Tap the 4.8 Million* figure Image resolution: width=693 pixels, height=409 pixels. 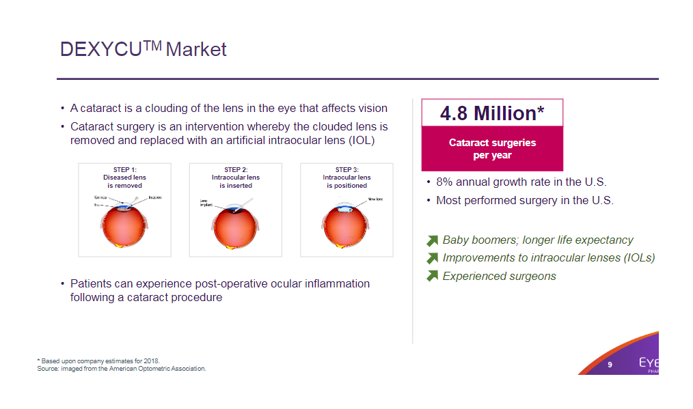[491, 113]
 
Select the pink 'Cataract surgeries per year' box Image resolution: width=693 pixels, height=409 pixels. [492, 149]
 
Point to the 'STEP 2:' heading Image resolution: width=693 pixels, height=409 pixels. [236, 169]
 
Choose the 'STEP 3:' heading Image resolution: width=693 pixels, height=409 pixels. [346, 169]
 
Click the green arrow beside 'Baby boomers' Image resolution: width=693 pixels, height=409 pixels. [432, 240]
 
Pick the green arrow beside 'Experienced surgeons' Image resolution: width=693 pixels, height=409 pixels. [432, 277]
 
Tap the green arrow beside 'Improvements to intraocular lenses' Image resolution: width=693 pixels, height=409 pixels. [432, 258]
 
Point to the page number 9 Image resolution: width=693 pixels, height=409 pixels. [610, 365]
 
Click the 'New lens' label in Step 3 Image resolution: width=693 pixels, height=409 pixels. [375, 199]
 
